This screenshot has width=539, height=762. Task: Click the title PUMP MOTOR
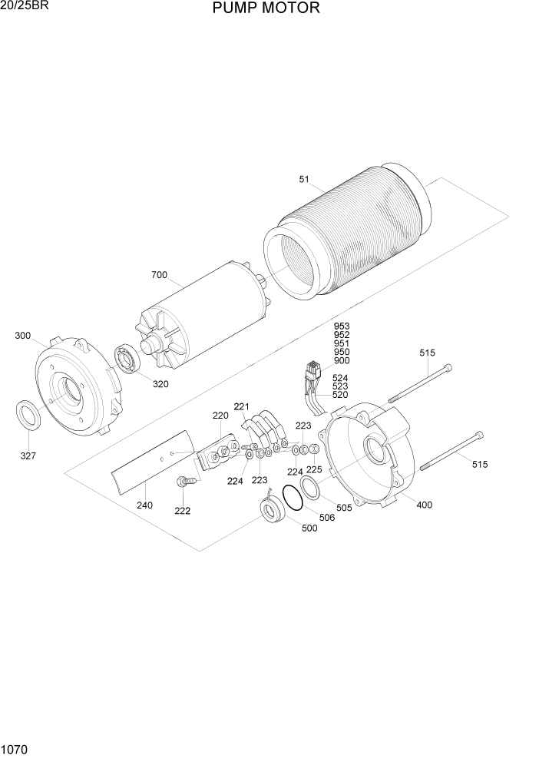(264, 9)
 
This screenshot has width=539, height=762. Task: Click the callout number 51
(304, 180)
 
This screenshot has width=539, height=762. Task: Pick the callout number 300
(23, 336)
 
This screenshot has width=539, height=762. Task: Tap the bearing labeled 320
(126, 360)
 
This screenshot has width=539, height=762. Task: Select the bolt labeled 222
(185, 482)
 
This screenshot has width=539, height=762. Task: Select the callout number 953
(342, 326)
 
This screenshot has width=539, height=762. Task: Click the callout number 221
(243, 406)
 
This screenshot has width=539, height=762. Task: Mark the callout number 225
(314, 469)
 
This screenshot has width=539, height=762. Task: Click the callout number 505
(344, 507)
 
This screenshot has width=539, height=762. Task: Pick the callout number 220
(220, 416)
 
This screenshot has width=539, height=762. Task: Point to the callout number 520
(339, 395)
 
